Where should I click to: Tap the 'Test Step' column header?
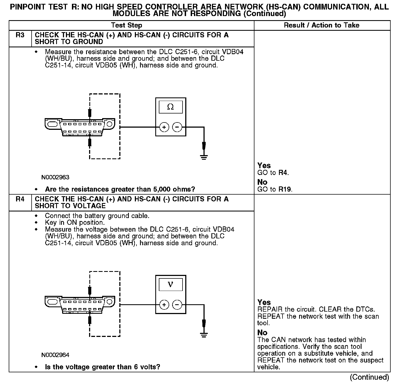tap(126, 25)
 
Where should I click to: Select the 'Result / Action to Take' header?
tap(321, 25)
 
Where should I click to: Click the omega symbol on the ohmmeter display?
tap(171, 107)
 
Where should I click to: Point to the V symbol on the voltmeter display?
tap(171, 284)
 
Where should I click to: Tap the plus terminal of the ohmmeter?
tap(164, 127)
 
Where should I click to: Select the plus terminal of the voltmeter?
tap(164, 305)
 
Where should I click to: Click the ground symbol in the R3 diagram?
tap(204, 157)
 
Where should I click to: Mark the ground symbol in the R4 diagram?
tap(204, 334)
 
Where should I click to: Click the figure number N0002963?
tap(55, 177)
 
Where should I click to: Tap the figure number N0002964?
tap(55, 355)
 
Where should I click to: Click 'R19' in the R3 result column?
tap(285, 189)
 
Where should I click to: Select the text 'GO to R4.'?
tap(273, 173)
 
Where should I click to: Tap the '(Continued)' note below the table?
tap(369, 377)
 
